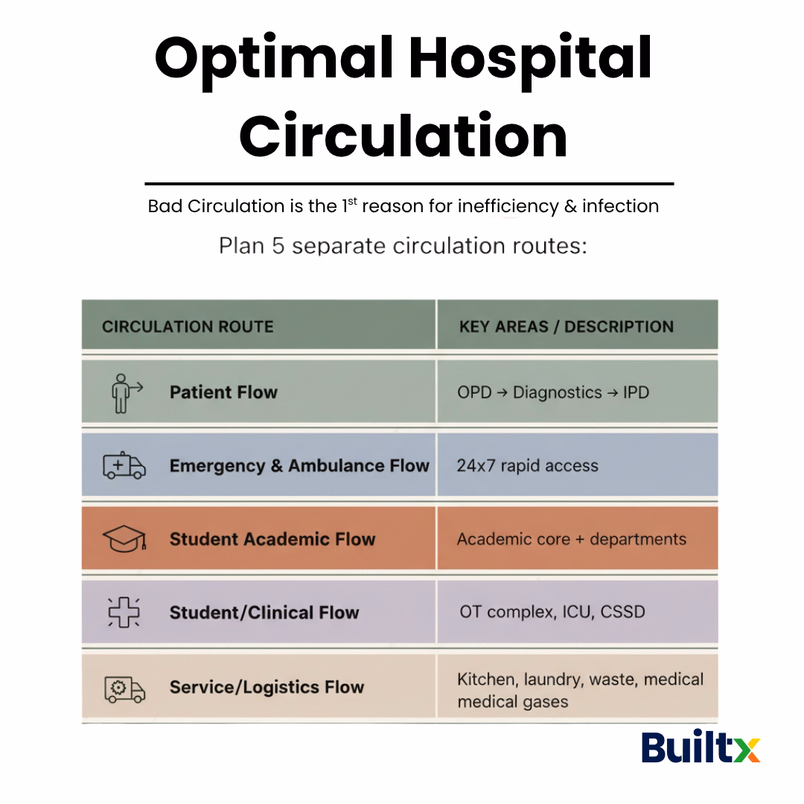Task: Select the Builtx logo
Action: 701,747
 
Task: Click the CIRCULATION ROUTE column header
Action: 188,327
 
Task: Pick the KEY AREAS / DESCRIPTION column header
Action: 566,327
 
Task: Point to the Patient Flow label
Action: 223,392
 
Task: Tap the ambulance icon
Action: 124,465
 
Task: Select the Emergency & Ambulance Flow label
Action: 299,466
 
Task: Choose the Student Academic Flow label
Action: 272,539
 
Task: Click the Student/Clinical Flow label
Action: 264,613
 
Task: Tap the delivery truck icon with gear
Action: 124,688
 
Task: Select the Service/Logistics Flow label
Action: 267,687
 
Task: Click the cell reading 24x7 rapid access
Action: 527,466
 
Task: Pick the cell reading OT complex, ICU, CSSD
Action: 552,613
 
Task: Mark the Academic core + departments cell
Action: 571,539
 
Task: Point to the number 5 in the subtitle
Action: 278,246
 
